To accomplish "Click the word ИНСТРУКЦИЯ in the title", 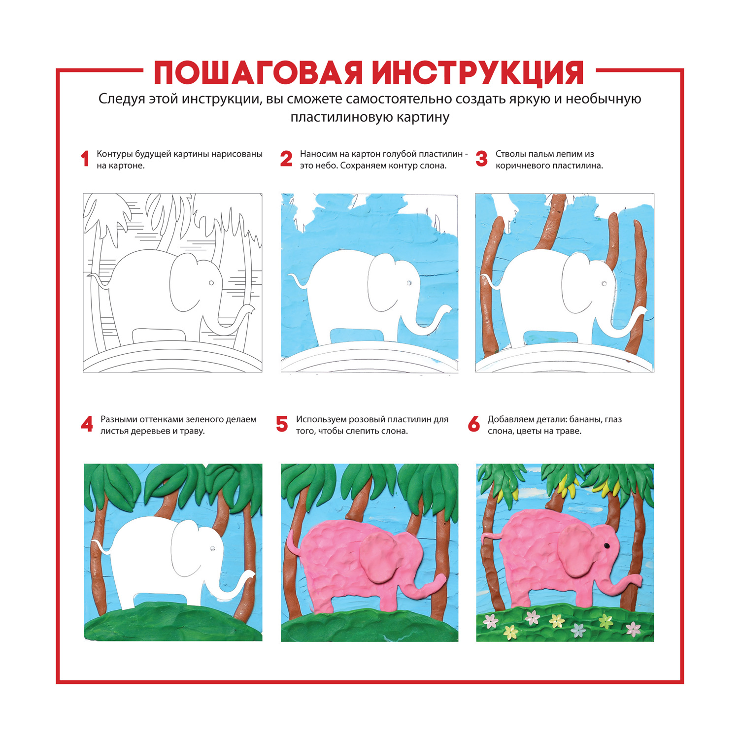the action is point(478,73).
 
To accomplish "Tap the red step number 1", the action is point(85,159).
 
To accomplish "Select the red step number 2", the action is point(286,159).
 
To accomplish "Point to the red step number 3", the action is point(481,159).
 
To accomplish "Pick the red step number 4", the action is point(87,424).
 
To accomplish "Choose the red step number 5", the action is point(282,424).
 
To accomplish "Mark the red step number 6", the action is point(474,424).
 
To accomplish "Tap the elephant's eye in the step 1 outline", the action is point(211,283).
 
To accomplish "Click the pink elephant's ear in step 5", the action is point(380,559).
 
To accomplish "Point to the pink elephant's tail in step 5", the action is point(292,542).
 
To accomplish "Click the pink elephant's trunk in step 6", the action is point(622,585).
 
